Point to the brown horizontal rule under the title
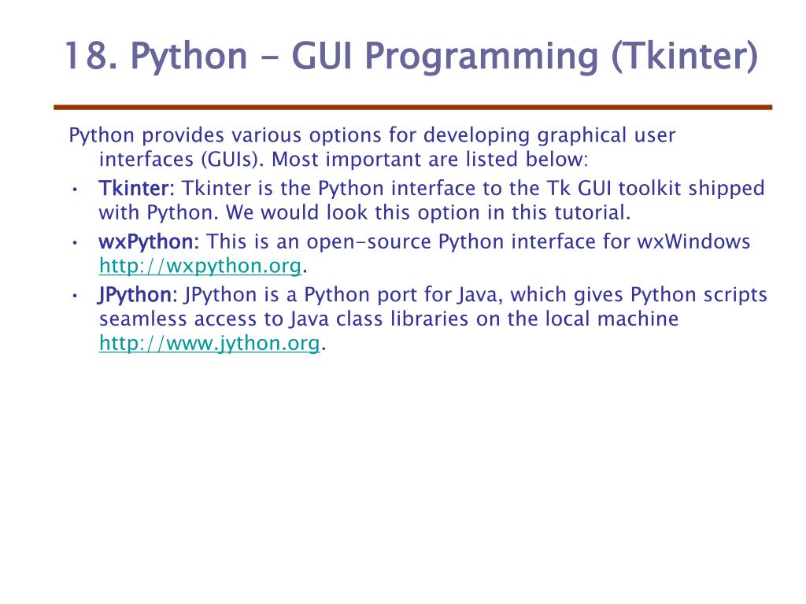pos(412,107)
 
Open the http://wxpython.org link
pos(200,267)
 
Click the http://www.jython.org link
pos(209,344)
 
